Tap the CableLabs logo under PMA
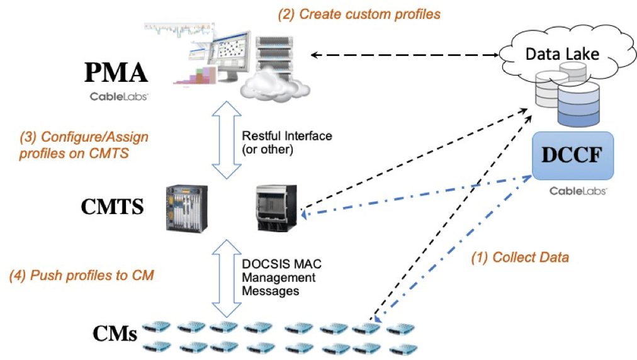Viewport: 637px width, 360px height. pos(118,97)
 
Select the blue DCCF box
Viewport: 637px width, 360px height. pos(572,155)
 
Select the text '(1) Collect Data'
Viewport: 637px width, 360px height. pos(520,257)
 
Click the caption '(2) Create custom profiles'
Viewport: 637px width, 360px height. pos(359,14)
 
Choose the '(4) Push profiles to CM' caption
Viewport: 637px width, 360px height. pos(82,275)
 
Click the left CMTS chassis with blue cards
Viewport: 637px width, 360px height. pos(186,207)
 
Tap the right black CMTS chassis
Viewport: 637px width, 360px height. pos(276,208)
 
